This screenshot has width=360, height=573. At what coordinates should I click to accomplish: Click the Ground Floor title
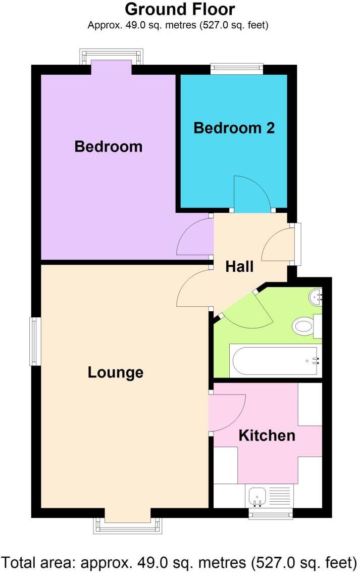tap(179, 9)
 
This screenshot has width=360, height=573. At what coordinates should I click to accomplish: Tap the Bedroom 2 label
tap(234, 128)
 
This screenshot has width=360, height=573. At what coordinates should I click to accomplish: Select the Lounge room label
tap(116, 373)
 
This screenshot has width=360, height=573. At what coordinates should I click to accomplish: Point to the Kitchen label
tap(267, 435)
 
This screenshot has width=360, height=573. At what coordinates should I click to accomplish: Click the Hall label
tap(239, 266)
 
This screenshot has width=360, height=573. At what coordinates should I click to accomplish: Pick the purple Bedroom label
tap(108, 147)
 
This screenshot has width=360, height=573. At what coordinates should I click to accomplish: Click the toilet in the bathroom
tap(303, 326)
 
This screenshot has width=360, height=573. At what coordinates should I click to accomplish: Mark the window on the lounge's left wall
tap(34, 341)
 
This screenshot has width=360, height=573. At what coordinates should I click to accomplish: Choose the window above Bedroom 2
tap(237, 69)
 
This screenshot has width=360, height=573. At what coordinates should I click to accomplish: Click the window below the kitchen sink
tap(271, 513)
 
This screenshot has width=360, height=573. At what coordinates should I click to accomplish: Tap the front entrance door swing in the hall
tap(279, 244)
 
